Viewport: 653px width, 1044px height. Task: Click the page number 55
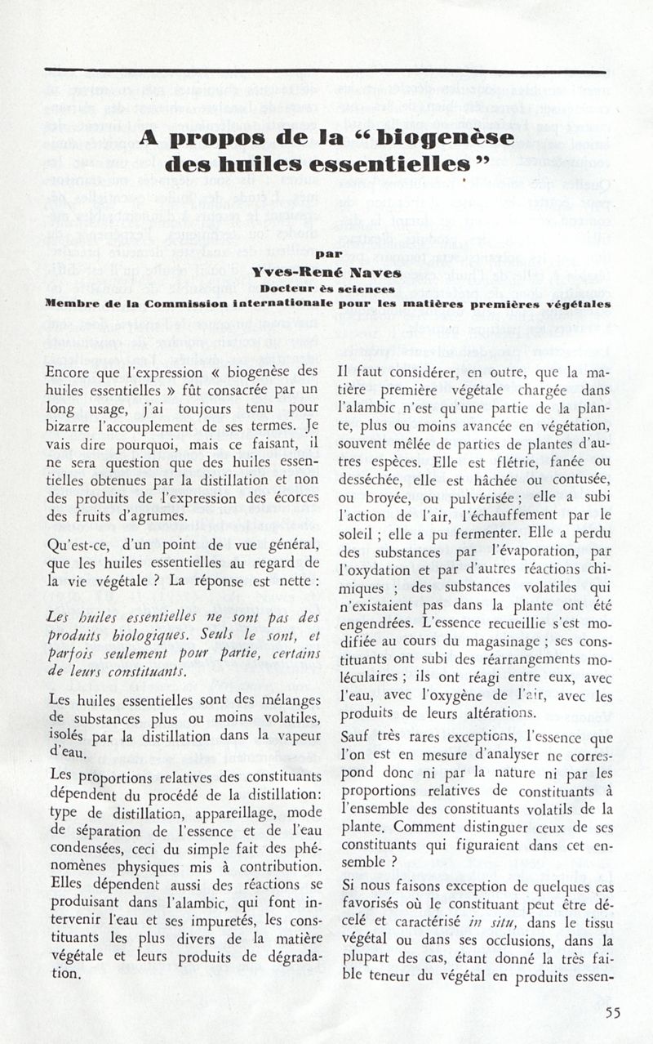click(x=613, y=1014)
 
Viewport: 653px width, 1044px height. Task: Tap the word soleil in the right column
click(x=356, y=533)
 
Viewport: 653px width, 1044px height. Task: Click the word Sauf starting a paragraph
click(x=355, y=736)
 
